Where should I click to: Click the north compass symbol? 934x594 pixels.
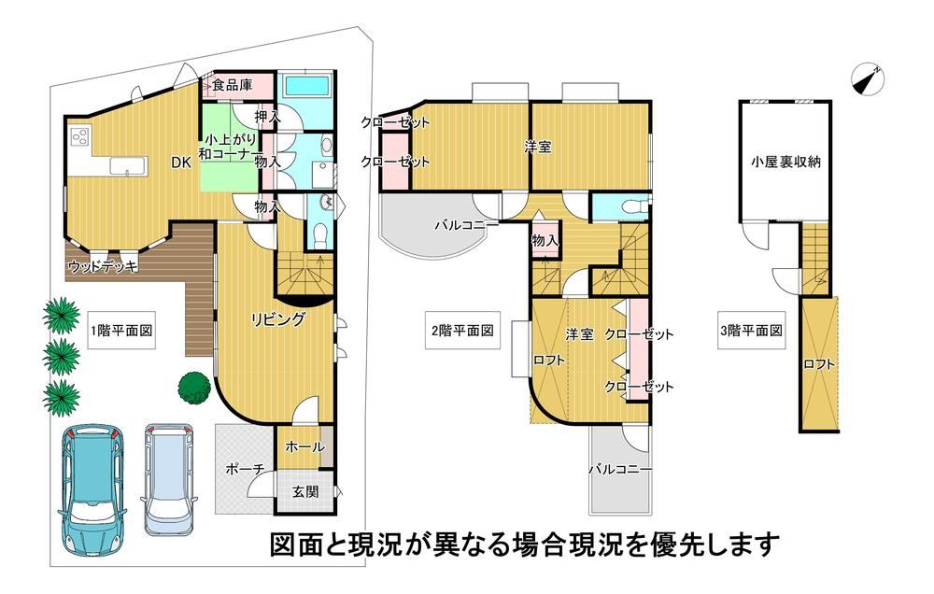868,78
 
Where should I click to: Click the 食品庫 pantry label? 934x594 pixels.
233,85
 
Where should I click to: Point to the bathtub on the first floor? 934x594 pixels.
306,86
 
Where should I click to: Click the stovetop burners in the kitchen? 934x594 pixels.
79,137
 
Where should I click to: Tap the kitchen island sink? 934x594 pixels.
128,165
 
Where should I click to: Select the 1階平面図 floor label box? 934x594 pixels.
121,331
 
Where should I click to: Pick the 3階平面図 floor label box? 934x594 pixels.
751,331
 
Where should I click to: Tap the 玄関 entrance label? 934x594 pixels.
305,492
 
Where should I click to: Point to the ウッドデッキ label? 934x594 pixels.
103,266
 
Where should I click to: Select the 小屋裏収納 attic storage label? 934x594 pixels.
785,163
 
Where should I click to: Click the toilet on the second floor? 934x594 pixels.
630,207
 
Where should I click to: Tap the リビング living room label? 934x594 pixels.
277,319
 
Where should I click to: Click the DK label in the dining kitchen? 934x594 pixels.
182,163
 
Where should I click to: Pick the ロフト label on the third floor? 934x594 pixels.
818,364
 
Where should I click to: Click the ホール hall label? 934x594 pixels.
305,446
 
